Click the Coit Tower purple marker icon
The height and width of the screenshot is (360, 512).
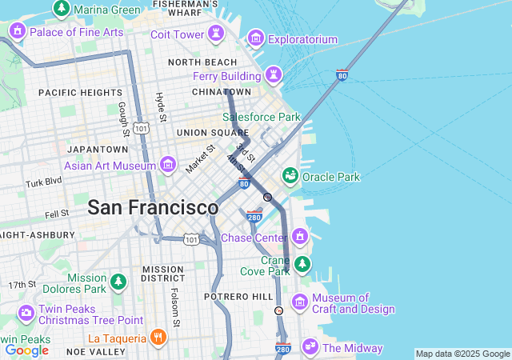(x=214, y=34)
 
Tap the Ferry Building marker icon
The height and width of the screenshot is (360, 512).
(x=274, y=74)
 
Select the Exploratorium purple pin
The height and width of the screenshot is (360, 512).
(x=256, y=38)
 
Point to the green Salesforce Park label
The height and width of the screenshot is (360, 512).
(x=261, y=117)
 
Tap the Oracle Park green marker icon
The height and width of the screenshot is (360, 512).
(x=290, y=175)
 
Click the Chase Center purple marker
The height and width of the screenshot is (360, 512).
(x=300, y=237)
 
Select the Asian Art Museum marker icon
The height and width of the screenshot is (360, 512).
(x=168, y=165)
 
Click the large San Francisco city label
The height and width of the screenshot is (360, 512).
(x=152, y=207)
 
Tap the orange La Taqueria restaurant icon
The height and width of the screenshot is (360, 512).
(x=158, y=338)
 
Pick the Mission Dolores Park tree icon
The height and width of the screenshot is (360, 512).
(x=118, y=282)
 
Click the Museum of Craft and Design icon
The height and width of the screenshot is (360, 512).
(x=300, y=302)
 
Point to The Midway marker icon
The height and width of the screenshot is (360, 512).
(x=309, y=346)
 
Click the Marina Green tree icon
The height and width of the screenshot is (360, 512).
(x=61, y=8)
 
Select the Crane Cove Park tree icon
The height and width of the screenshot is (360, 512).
(x=302, y=263)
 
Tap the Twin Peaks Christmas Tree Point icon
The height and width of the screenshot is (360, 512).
(x=26, y=312)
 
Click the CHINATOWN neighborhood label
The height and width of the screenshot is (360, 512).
(x=215, y=92)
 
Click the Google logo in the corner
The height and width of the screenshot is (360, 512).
(x=26, y=350)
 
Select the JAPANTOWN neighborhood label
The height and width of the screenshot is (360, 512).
(x=98, y=149)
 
